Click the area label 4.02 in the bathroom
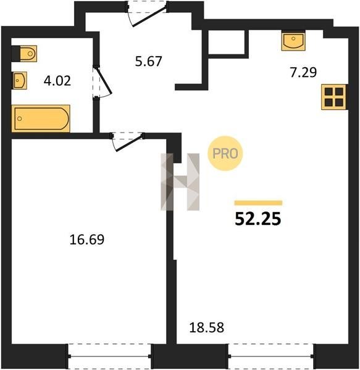click(57, 81)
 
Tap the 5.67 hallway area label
click(148, 61)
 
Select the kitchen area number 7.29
click(303, 72)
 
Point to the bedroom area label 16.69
click(86, 239)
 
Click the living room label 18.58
click(206, 328)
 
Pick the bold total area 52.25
click(258, 219)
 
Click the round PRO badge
click(225, 154)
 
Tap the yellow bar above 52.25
click(259, 203)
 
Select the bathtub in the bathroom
click(41, 118)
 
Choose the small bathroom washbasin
click(19, 80)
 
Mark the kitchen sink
click(293, 41)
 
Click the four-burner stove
click(334, 97)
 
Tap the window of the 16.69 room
click(110, 356)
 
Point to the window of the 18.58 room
click(271, 356)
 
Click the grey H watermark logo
click(180, 182)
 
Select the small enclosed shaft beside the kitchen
click(226, 42)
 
